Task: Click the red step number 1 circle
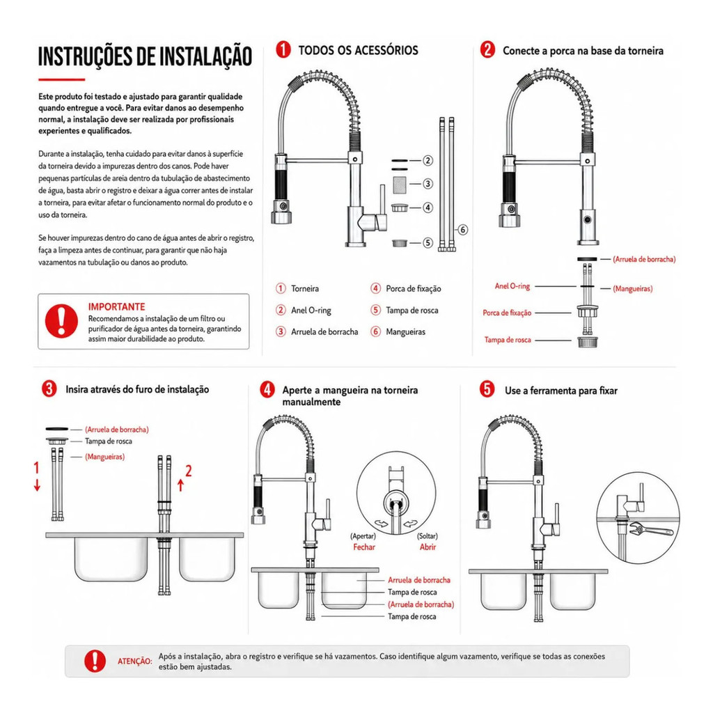(283, 49)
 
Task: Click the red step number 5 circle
(487, 389)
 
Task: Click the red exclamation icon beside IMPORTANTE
(61, 320)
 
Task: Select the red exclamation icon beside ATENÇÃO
(95, 661)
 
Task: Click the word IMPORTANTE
(116, 307)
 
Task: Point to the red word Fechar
(364, 547)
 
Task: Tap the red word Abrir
(428, 547)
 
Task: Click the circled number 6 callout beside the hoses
(462, 230)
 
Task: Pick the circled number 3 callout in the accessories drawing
(428, 184)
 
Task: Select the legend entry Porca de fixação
(414, 289)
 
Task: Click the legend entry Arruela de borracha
(324, 332)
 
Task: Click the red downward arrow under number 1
(38, 485)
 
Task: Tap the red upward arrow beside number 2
(180, 485)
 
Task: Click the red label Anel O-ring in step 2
(512, 286)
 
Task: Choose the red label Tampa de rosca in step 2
(508, 340)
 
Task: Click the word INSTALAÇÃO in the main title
(194, 57)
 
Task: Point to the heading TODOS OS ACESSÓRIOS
(358, 50)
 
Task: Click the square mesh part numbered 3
(400, 184)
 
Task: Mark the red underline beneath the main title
(61, 79)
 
